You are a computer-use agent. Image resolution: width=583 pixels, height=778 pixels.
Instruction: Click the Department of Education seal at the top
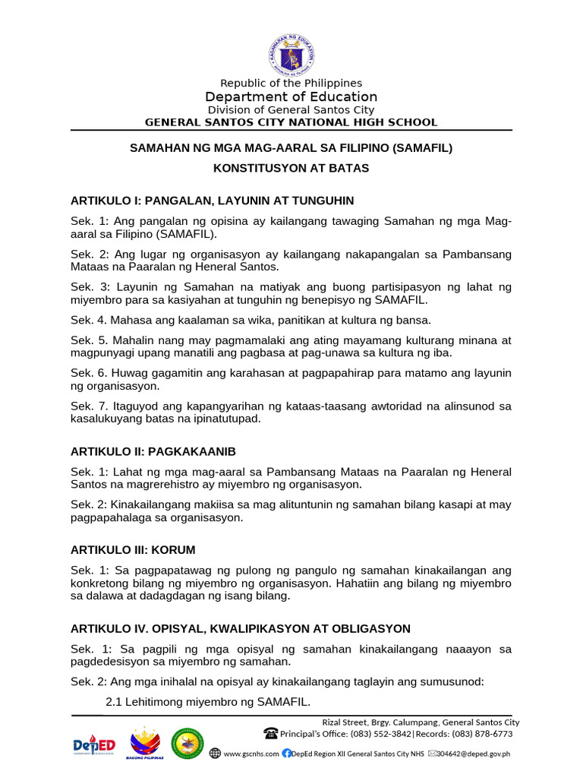coord(291,54)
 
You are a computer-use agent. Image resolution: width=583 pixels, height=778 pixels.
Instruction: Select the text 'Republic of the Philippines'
coord(291,83)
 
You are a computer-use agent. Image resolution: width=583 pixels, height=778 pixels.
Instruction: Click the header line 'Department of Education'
coord(291,96)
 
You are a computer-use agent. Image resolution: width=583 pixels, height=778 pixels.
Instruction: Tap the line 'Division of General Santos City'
coord(291,109)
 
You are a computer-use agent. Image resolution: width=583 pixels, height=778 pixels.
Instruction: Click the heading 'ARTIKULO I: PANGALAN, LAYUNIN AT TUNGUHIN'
coord(212,201)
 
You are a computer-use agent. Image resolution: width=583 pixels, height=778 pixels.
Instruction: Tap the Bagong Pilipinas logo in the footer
coord(146,745)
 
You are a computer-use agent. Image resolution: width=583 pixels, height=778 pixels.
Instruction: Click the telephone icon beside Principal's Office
coord(270,734)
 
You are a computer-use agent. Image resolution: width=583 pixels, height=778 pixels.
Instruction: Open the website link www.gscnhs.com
coord(251,754)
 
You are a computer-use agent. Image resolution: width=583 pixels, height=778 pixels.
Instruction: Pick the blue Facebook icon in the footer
coord(286,754)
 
